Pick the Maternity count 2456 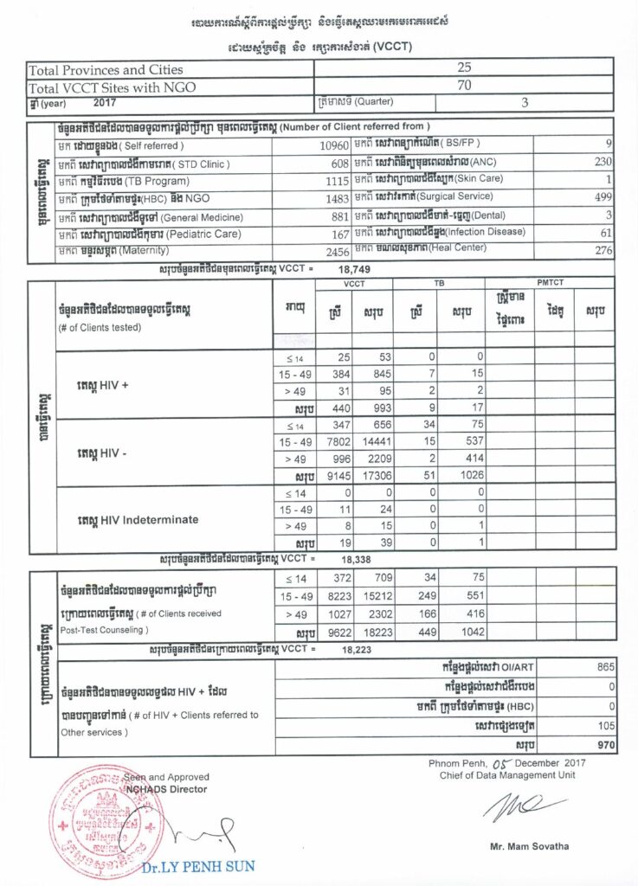click(333, 251)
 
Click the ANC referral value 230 click(603, 162)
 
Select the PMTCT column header click(551, 283)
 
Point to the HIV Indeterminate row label click(138, 519)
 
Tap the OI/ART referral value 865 click(604, 668)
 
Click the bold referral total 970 click(604, 744)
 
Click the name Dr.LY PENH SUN click(211, 865)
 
